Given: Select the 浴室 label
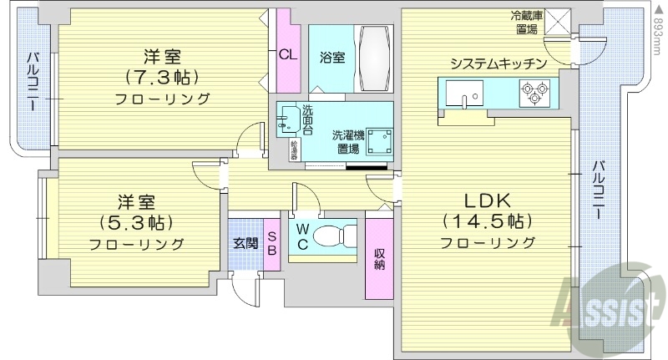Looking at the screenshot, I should [331, 58].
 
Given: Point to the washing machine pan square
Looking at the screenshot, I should [381, 141].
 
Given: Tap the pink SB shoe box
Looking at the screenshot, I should [272, 243].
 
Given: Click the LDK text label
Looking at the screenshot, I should [488, 200].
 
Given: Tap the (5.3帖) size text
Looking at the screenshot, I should [137, 223].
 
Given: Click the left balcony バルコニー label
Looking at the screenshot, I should [31, 84].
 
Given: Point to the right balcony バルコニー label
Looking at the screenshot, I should [598, 190].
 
